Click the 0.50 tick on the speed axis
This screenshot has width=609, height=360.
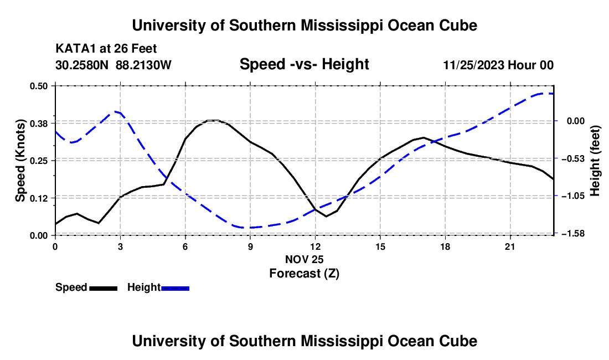38,86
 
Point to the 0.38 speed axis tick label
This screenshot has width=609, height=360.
38,124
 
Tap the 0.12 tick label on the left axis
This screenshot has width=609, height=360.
38,198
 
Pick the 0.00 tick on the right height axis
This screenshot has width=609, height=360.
576,121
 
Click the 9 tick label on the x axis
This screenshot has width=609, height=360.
250,246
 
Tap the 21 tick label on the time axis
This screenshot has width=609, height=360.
510,246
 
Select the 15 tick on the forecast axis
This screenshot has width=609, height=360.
380,246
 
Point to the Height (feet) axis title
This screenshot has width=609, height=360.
595,161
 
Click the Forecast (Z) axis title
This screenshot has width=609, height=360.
304,274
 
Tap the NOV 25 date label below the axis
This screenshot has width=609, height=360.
304,259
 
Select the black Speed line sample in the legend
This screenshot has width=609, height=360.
104,289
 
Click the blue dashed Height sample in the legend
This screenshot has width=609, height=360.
175,289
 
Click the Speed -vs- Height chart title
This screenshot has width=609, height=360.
304,64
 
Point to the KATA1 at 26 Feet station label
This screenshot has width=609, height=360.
106,49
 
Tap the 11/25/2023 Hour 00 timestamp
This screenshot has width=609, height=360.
498,65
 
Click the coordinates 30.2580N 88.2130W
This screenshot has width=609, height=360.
113,65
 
